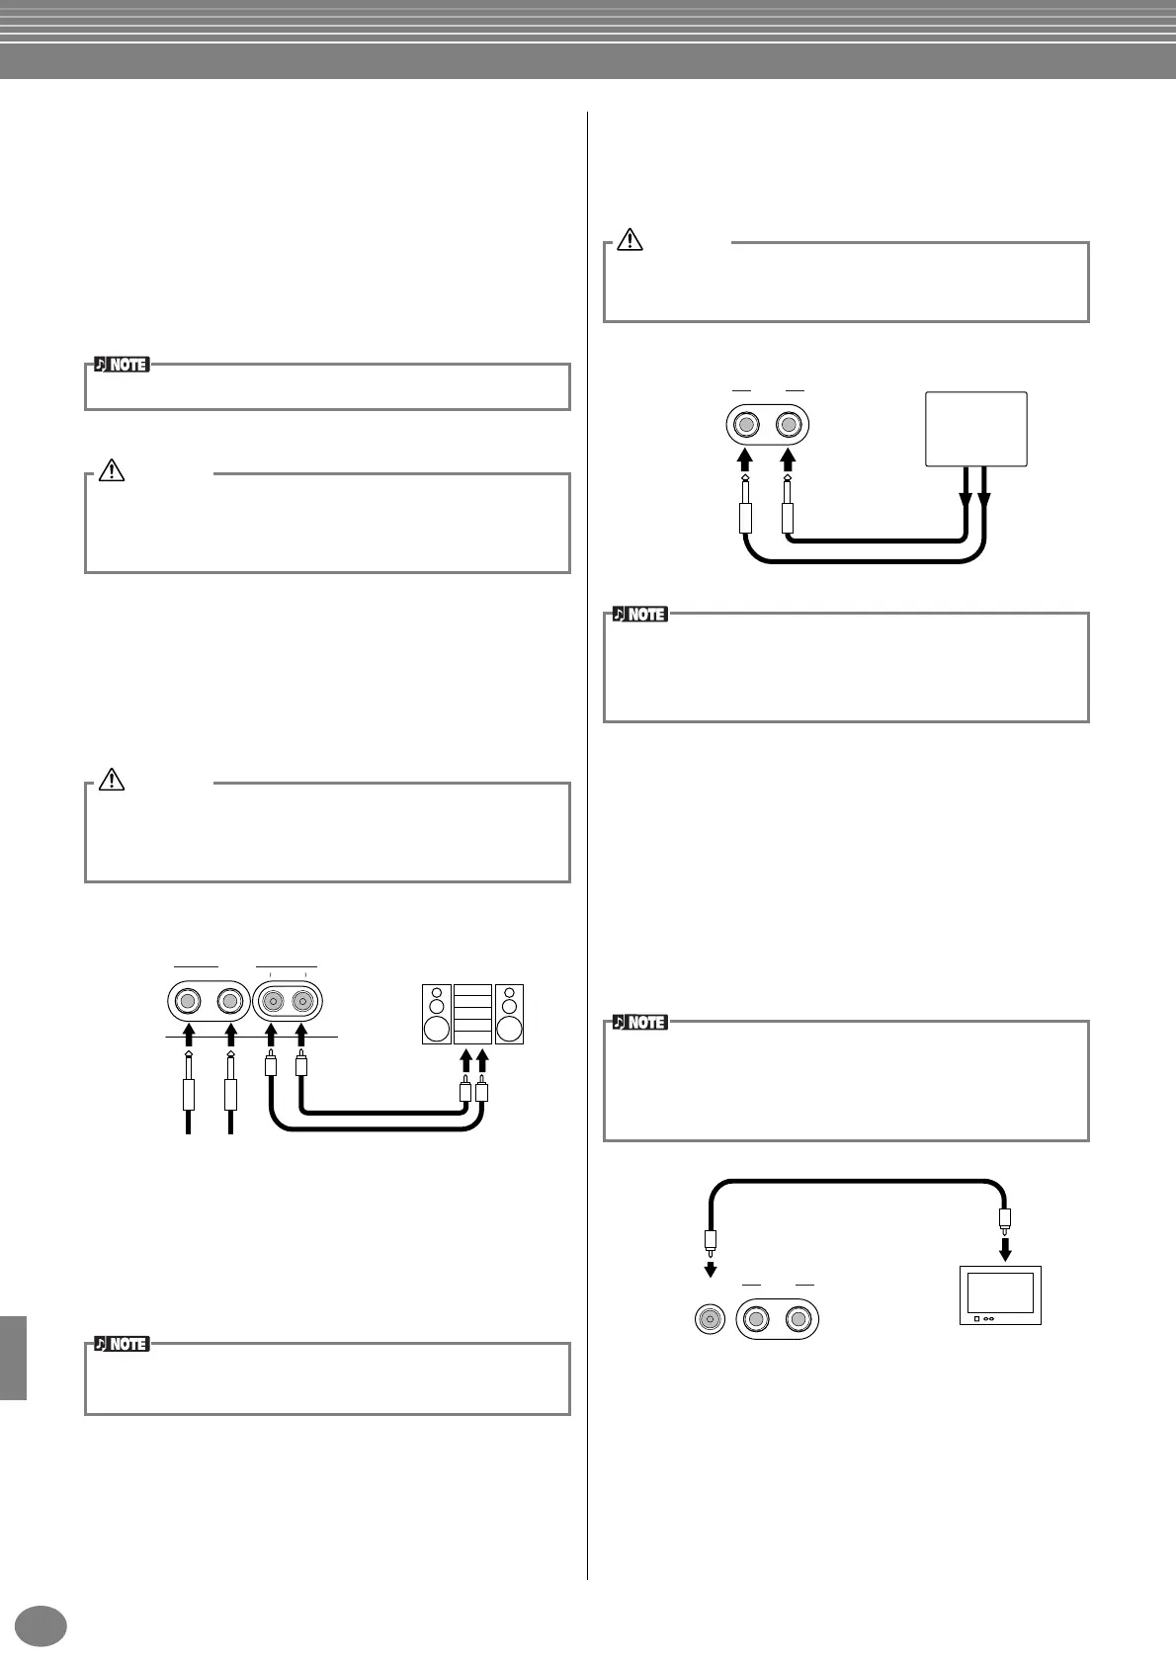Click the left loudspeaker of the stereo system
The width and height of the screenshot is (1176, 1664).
[436, 1014]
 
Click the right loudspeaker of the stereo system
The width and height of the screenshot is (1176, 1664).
[510, 1014]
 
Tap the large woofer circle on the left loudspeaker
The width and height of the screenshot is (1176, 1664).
[436, 1030]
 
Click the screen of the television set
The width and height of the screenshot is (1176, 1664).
[1000, 1292]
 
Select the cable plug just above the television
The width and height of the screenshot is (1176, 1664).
[1005, 1219]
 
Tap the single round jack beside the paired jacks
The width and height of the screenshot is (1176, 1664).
[709, 1319]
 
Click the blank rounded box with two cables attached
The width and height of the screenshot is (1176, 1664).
[975, 429]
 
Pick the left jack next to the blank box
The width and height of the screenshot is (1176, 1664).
[747, 426]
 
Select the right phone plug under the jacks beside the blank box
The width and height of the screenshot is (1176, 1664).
[788, 514]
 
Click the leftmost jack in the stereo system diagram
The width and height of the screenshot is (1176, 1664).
[187, 1003]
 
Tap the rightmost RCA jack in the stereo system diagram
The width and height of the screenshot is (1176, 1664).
[302, 1003]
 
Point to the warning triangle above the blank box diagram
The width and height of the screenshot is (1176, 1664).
[630, 239]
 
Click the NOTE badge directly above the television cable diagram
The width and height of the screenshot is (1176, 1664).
[639, 1022]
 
